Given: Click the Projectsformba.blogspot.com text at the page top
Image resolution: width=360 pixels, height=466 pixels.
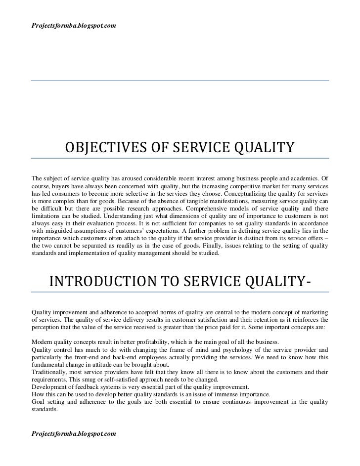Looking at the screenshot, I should [x=74, y=10].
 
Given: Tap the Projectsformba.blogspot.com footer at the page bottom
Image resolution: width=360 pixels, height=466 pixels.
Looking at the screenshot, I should [x=74, y=433].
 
